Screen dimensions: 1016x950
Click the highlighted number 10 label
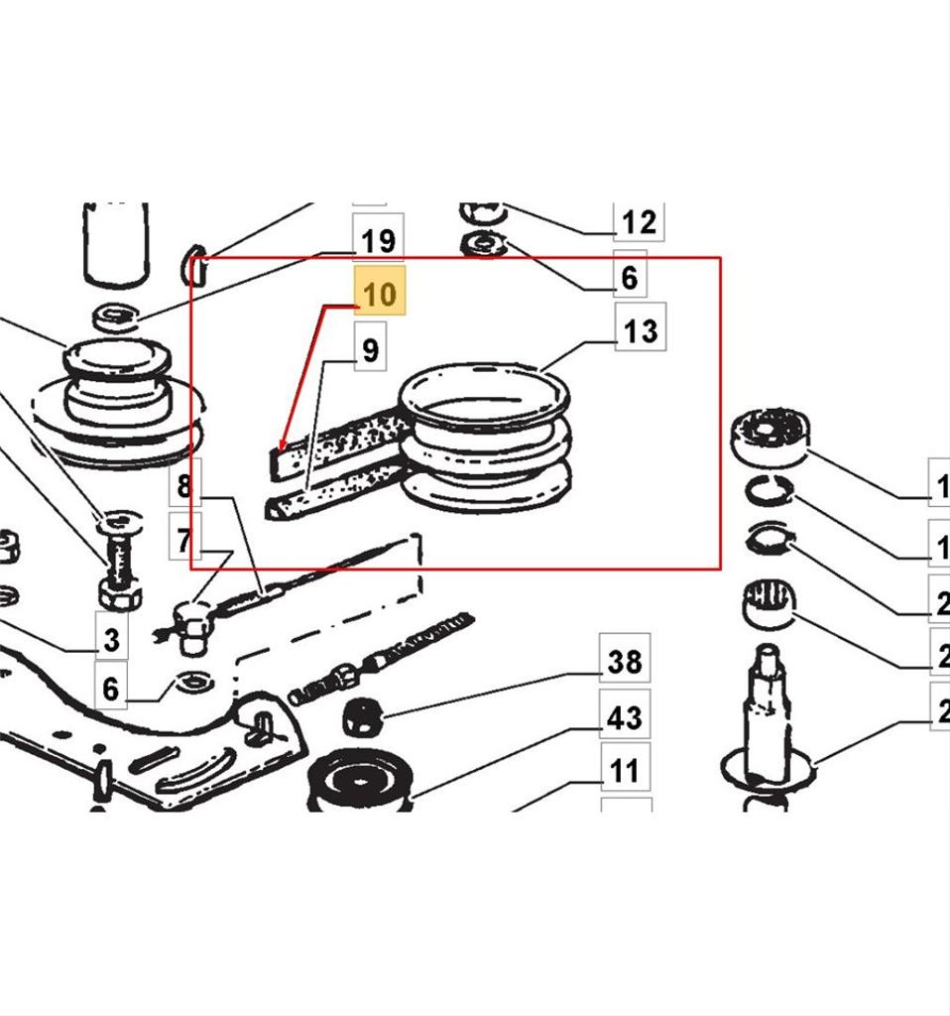(x=381, y=295)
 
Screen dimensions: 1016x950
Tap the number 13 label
(x=641, y=328)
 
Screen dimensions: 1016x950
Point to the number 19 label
(x=378, y=240)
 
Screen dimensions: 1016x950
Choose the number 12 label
(x=638, y=221)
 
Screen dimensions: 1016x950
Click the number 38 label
(x=624, y=661)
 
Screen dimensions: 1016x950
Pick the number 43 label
(x=624, y=716)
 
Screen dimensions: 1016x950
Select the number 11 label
(x=624, y=770)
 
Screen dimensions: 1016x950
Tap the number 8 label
(x=184, y=486)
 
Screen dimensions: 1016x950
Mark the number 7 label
(x=184, y=540)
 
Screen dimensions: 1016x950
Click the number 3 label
(x=110, y=639)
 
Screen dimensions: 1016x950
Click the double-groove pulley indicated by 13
(x=485, y=437)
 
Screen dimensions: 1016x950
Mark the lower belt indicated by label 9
(x=337, y=491)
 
